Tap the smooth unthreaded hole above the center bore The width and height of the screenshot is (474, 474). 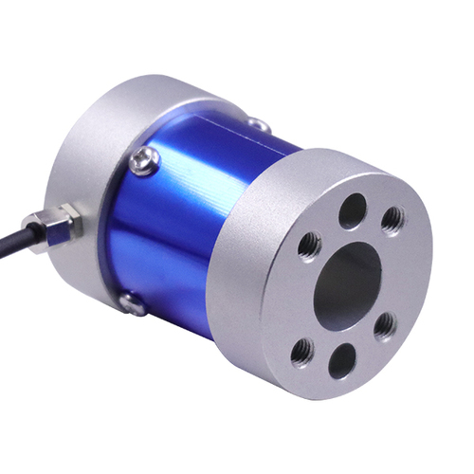coord(352,210)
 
